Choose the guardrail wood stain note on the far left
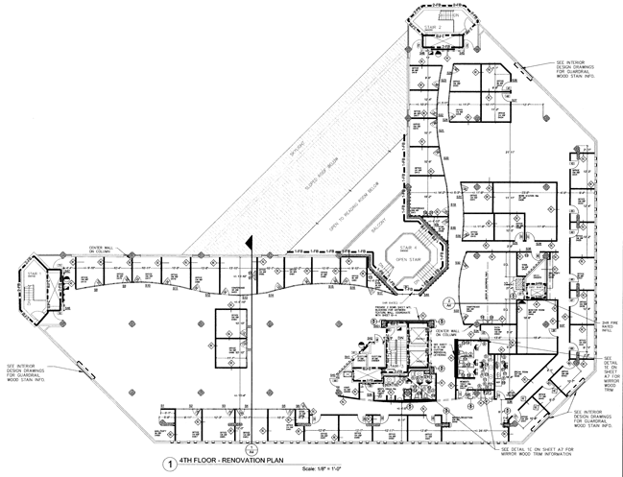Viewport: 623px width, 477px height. pos(30,371)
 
